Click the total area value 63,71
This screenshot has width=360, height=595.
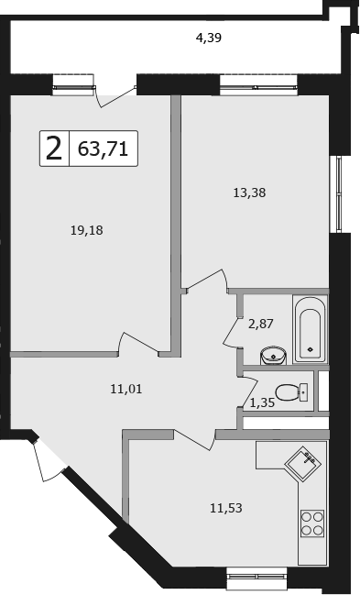point(103,149)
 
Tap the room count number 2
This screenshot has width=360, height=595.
point(54,149)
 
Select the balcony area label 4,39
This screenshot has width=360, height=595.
point(208,38)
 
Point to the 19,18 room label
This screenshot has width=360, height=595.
point(87,230)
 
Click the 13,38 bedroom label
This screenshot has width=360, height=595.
point(249,193)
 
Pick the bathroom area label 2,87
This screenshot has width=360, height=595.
point(261,324)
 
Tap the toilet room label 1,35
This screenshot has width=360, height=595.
point(262,402)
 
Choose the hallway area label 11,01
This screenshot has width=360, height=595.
point(126,389)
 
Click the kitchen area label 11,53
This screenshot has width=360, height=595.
point(226,508)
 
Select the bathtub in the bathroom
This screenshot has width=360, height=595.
point(310,329)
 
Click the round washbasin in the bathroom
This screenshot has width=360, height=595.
point(273,356)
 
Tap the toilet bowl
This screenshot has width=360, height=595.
point(291,392)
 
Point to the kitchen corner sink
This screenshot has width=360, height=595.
point(302,463)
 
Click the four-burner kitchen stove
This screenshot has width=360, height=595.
point(312,523)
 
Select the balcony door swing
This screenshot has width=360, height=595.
point(115,96)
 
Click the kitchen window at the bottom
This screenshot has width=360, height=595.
point(257,578)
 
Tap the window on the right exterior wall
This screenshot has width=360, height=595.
point(339,194)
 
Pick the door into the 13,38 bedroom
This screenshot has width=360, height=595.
point(206,280)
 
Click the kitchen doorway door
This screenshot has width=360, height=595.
point(194,440)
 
